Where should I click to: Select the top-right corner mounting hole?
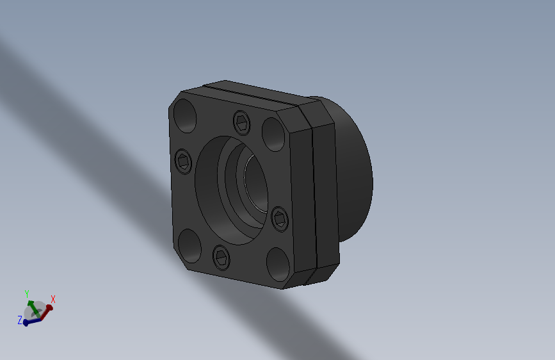click(273, 132)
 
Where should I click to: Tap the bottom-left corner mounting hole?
click(190, 246)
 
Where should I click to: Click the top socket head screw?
click(241, 120)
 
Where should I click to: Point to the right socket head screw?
click(280, 218)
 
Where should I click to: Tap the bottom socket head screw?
click(220, 257)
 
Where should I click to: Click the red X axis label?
click(53, 299)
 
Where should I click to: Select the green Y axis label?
click(27, 294)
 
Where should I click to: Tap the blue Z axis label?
click(20, 319)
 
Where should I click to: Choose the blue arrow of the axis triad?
click(30, 322)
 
